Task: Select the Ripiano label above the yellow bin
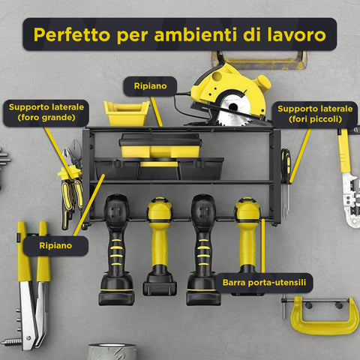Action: coord(150,85)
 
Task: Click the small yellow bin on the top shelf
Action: coord(127,113)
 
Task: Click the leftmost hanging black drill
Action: coord(116,247)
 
